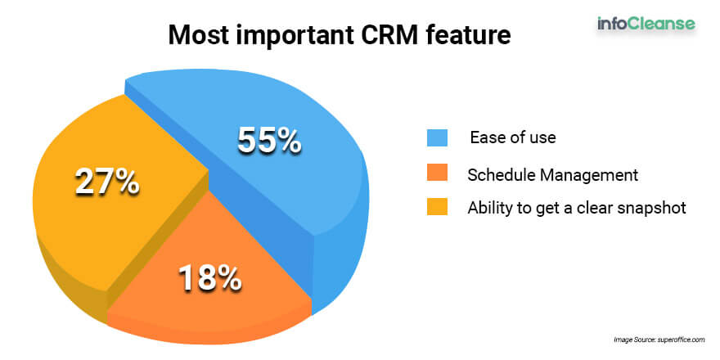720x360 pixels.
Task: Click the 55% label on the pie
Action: (x=269, y=141)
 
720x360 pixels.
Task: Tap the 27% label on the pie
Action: (x=107, y=182)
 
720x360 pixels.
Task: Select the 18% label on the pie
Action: (x=209, y=278)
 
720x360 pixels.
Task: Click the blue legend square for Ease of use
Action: (x=437, y=137)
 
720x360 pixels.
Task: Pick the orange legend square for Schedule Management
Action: (x=437, y=174)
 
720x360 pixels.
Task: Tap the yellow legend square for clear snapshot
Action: (x=437, y=207)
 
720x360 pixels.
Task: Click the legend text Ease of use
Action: (x=512, y=137)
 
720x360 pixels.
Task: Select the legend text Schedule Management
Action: (x=553, y=174)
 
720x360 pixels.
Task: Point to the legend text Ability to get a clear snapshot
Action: (x=577, y=208)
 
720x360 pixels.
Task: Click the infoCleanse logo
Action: (x=646, y=24)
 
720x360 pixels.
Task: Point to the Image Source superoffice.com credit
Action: (x=659, y=340)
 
